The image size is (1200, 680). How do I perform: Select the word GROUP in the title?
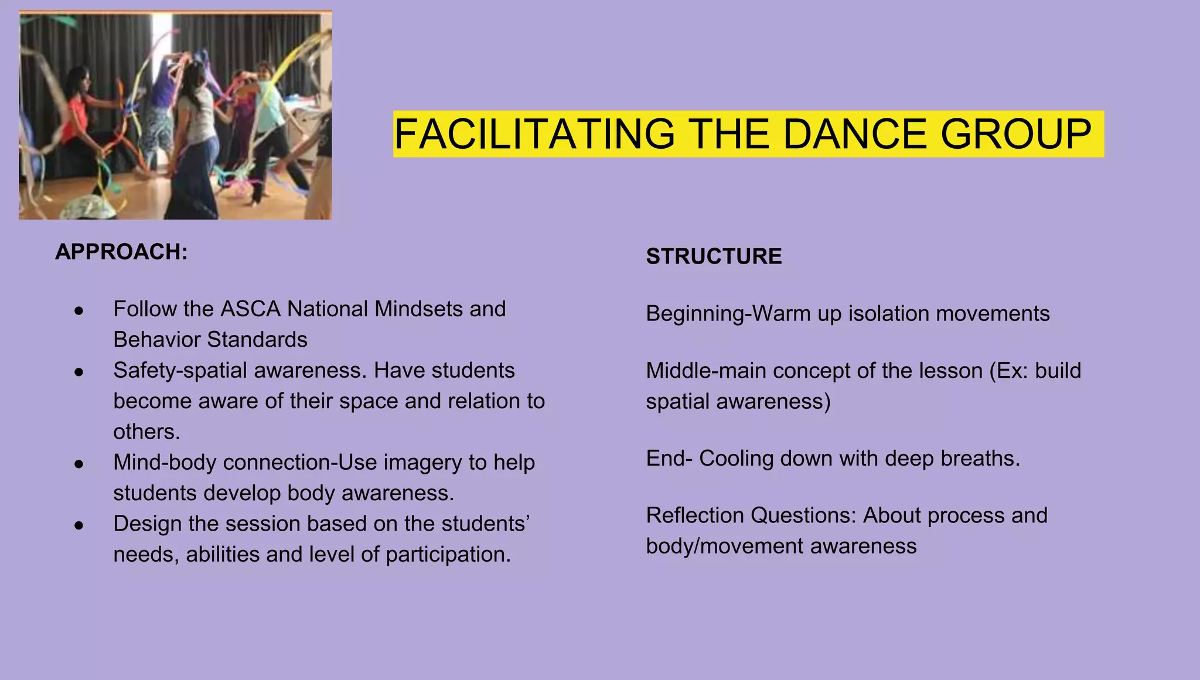[x=1015, y=134]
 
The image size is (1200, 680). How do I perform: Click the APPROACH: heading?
[x=121, y=252]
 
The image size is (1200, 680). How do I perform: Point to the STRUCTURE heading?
[x=714, y=257]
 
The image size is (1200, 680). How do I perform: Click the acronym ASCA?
[x=250, y=309]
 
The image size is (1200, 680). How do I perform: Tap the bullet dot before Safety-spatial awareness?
[x=79, y=371]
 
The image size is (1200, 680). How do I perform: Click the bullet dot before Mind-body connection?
[x=79, y=463]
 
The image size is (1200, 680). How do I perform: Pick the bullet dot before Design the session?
[x=79, y=525]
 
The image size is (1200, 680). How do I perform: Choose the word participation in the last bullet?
[x=448, y=555]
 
